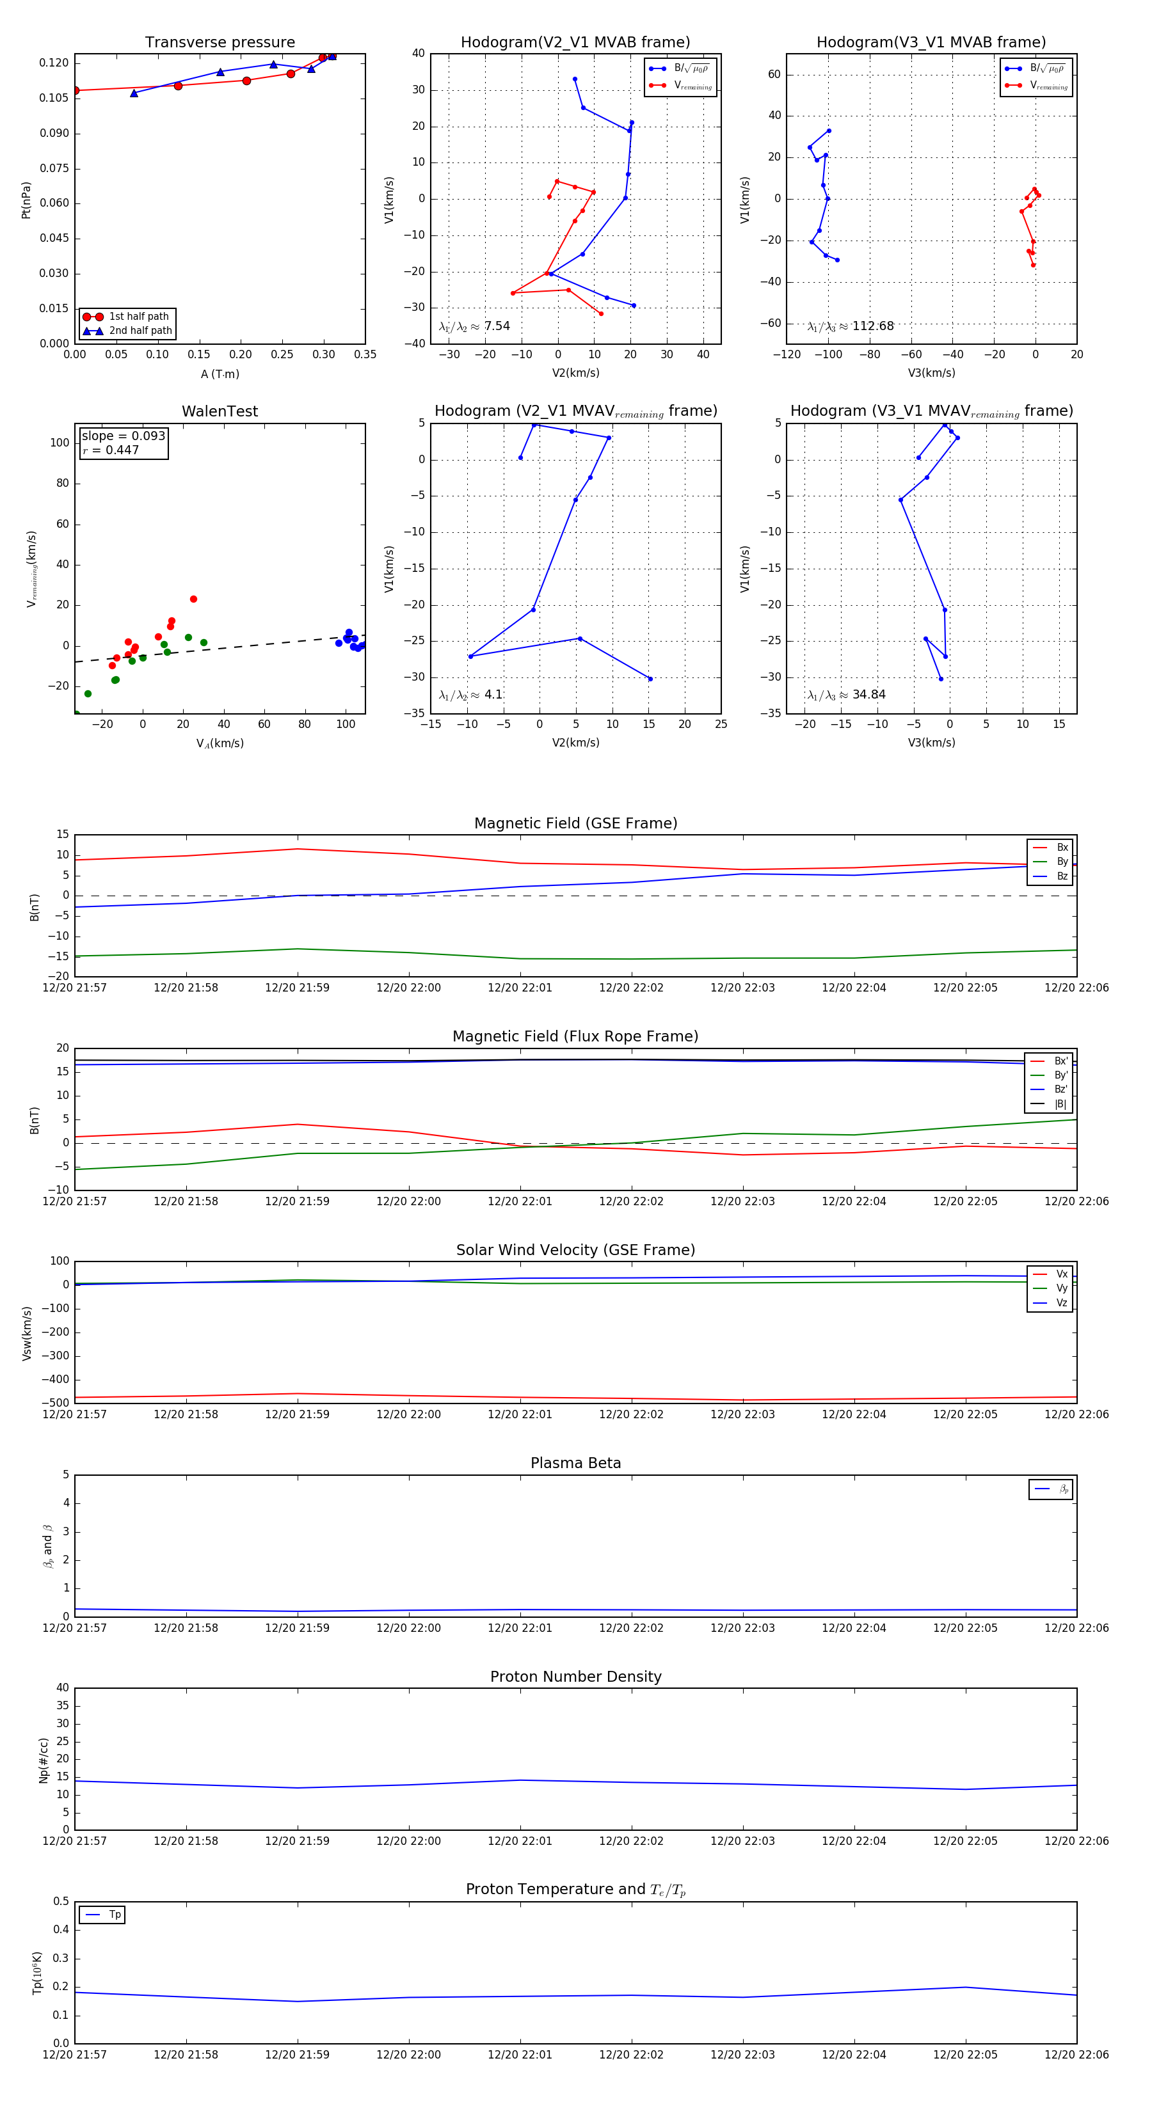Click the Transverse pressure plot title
(220, 43)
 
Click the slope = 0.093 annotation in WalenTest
(123, 436)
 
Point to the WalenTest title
(220, 411)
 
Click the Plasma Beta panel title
(575, 1464)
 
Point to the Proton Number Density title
(575, 1677)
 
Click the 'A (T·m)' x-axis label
(220, 374)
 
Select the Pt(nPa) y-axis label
(26, 200)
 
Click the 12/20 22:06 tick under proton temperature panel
(1076, 2055)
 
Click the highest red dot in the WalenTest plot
(193, 599)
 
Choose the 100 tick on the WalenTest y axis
(60, 443)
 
